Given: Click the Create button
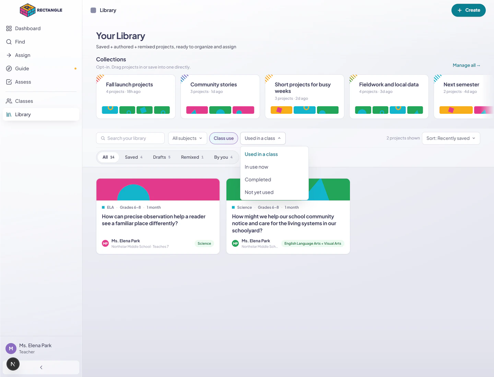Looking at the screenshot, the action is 468,10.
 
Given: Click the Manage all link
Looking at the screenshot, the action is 466,65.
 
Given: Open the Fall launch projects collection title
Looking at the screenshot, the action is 129,85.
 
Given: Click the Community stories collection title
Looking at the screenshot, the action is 213,85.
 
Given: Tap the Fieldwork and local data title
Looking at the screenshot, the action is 389,85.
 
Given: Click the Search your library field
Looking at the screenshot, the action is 130,138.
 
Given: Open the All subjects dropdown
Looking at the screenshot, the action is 187,138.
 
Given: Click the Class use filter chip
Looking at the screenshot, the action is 223,138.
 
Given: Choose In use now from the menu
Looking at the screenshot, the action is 256,167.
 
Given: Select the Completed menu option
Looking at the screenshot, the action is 258,179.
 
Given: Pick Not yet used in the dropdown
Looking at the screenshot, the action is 259,192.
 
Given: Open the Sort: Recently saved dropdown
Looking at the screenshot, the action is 451,138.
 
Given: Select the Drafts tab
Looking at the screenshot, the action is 162,157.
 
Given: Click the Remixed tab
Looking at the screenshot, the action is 192,157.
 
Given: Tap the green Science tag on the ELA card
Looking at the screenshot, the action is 204,243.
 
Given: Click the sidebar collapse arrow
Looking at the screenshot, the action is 41,367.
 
